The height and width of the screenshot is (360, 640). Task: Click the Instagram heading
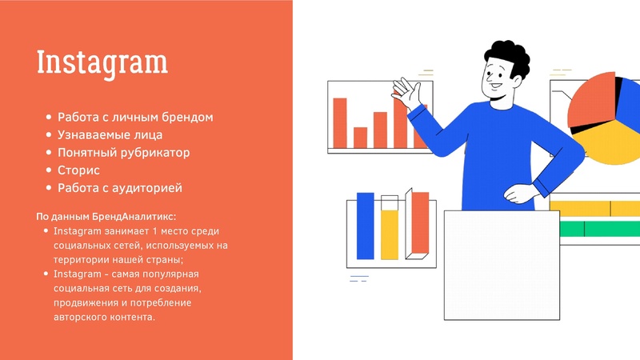coord(102,62)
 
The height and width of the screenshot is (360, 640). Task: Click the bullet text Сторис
coord(78,170)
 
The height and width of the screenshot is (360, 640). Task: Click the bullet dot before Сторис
coord(50,170)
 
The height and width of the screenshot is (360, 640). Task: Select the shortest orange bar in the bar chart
coord(360,138)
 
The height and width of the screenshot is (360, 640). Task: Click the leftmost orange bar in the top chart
coord(340,123)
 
